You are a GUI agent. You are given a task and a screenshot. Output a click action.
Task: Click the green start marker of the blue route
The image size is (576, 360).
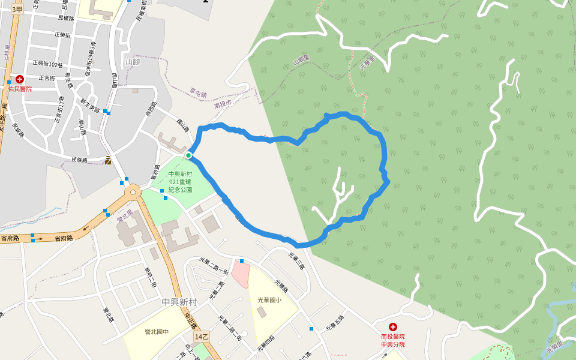[x=188, y=155]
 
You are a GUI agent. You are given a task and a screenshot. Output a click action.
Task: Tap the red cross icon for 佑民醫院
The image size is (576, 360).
[x=20, y=79]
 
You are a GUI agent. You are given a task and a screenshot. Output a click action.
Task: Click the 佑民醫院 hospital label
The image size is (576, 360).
[x=20, y=89]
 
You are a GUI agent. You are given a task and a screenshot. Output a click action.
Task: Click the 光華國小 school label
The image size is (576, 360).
[x=269, y=299]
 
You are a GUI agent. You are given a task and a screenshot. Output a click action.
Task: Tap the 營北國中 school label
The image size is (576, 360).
[x=157, y=331]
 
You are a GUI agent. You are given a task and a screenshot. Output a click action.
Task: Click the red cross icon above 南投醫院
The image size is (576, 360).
[x=393, y=327]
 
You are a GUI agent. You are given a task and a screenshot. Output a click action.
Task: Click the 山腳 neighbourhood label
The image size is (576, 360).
[x=133, y=61]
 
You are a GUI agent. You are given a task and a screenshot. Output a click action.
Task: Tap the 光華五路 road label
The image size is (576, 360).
[x=335, y=323]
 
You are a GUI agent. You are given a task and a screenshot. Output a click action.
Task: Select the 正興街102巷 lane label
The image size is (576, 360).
[x=48, y=64]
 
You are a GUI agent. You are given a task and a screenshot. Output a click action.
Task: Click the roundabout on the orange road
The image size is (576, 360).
[x=133, y=191]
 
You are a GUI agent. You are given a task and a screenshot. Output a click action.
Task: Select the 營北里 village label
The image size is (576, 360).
[x=124, y=216]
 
